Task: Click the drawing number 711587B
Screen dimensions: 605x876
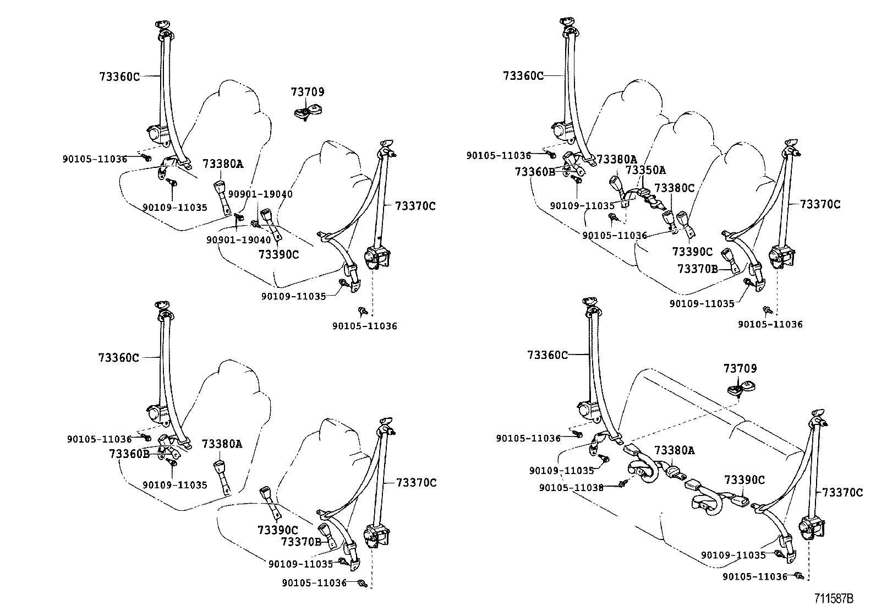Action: click(x=834, y=597)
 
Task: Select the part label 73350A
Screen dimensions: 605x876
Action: click(x=645, y=170)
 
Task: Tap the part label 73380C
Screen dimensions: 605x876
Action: click(x=675, y=188)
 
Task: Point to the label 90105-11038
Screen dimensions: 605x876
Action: click(x=571, y=488)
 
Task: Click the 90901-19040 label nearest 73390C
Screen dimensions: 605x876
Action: click(x=238, y=240)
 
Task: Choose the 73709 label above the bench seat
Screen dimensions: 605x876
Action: click(x=740, y=368)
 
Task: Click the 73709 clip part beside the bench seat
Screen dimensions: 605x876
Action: click(x=741, y=389)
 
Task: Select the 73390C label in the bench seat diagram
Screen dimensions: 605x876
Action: click(x=744, y=480)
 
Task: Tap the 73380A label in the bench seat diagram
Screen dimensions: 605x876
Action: click(x=674, y=451)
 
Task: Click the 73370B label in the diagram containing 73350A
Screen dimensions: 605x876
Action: click(x=697, y=269)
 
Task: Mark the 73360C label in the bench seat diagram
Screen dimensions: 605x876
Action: click(x=547, y=355)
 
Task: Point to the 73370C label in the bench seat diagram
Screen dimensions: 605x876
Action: click(x=842, y=493)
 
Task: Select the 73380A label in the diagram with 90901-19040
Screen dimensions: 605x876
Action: click(x=222, y=163)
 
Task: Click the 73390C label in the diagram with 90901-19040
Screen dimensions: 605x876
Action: click(x=278, y=254)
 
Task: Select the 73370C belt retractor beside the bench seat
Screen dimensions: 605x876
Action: click(x=809, y=528)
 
